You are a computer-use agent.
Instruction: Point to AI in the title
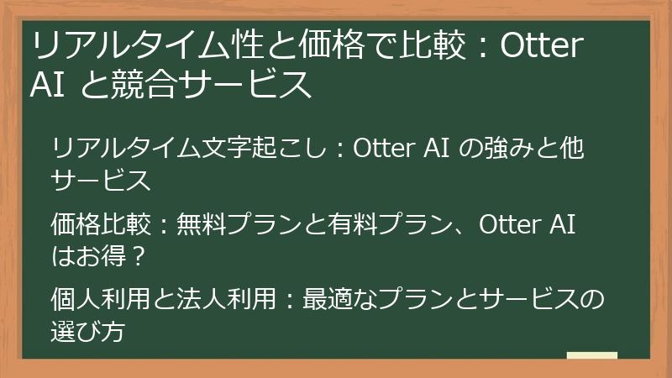46,86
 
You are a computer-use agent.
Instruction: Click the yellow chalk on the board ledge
592,355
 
